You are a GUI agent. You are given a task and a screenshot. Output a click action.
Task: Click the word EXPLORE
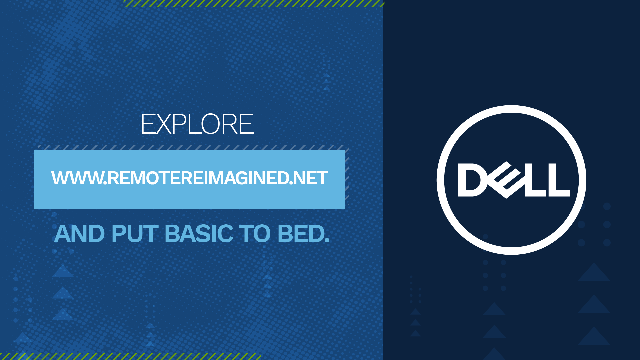click(197, 124)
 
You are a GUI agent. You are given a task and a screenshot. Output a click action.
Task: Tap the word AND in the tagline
click(79, 234)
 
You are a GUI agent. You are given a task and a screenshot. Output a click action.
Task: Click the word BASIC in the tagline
click(199, 234)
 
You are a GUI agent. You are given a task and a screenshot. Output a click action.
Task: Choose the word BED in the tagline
click(300, 234)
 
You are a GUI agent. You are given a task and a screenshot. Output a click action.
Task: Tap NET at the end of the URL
click(311, 178)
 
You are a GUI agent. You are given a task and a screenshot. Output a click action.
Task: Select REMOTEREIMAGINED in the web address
click(198, 178)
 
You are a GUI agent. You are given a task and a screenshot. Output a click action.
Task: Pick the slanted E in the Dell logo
click(505, 180)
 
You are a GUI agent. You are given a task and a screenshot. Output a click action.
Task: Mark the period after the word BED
click(327, 240)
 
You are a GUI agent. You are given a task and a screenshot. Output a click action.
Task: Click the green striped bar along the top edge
click(253, 3)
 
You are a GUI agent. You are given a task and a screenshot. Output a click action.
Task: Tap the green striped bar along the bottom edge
click(130, 357)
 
